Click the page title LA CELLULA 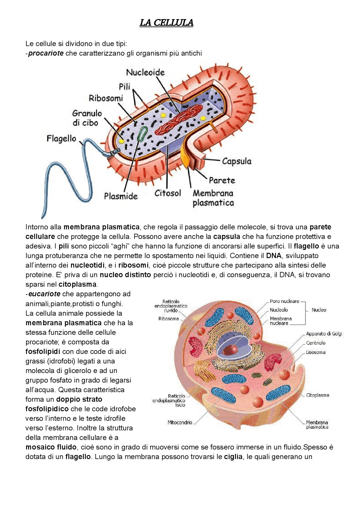tap(166, 23)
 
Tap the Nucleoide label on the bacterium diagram tap(145, 72)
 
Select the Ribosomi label tap(106, 98)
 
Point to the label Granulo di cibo tap(87, 118)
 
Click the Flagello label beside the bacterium tap(61, 139)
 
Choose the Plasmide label tap(121, 196)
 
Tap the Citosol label tap(168, 193)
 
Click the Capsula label tap(237, 161)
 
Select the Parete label tap(222, 180)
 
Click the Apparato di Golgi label tap(324, 334)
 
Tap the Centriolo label tap(316, 343)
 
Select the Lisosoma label tap(316, 352)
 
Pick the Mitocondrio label tap(180, 422)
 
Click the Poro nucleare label tap(284, 301)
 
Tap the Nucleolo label tap(279, 310)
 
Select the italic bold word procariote tap(46, 53)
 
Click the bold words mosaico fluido tap(51, 447)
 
